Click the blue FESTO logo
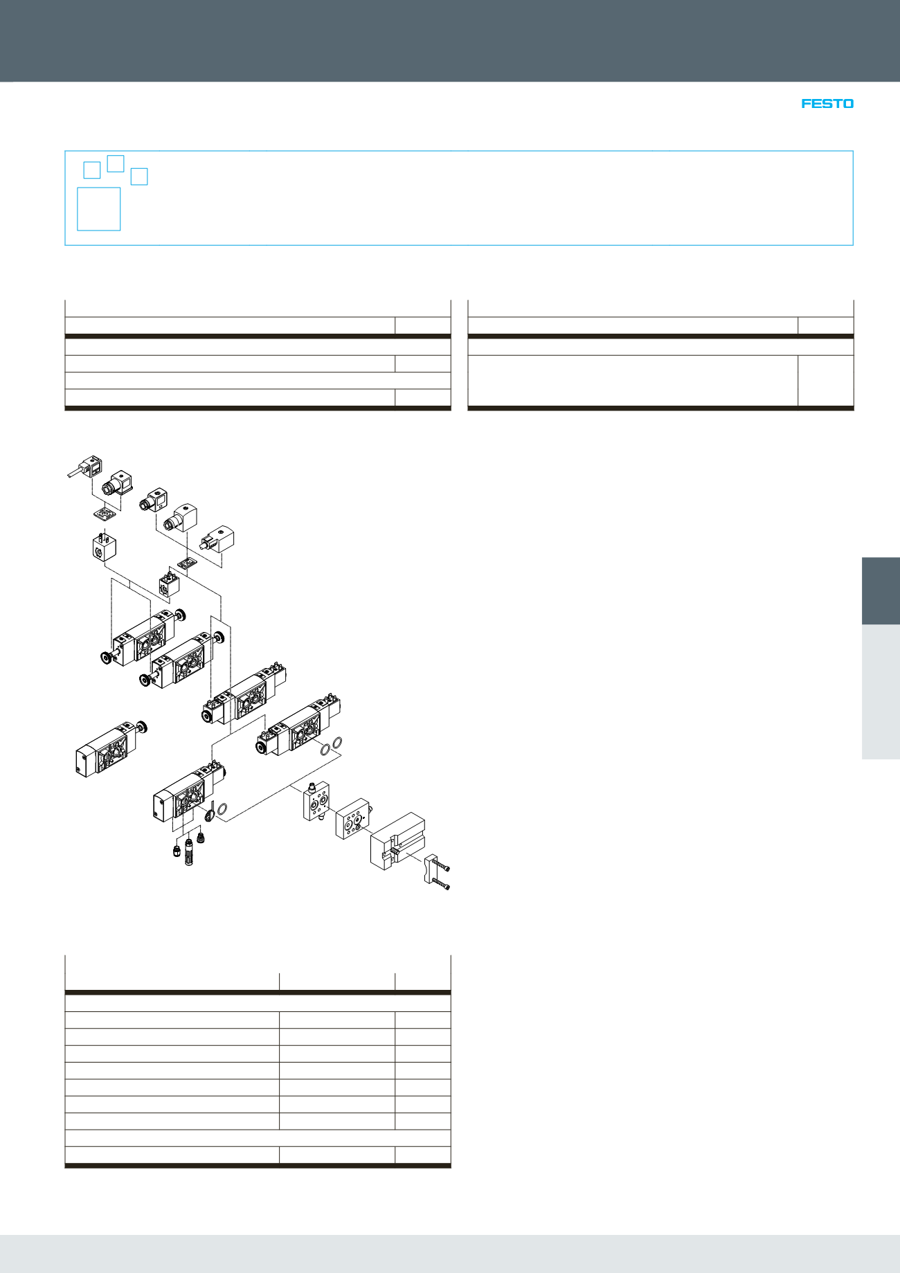pos(827,104)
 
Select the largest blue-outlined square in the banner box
pos(99,208)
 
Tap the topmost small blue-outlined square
pos(116,163)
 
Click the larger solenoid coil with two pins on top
pos(104,547)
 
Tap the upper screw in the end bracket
pos(444,867)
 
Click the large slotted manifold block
pos(397,840)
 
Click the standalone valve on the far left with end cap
pos(104,751)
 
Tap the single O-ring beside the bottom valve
pos(223,809)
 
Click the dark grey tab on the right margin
pos(881,590)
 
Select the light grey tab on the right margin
pos(881,692)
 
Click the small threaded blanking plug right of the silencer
pos(201,838)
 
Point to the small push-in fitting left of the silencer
pos(176,850)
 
